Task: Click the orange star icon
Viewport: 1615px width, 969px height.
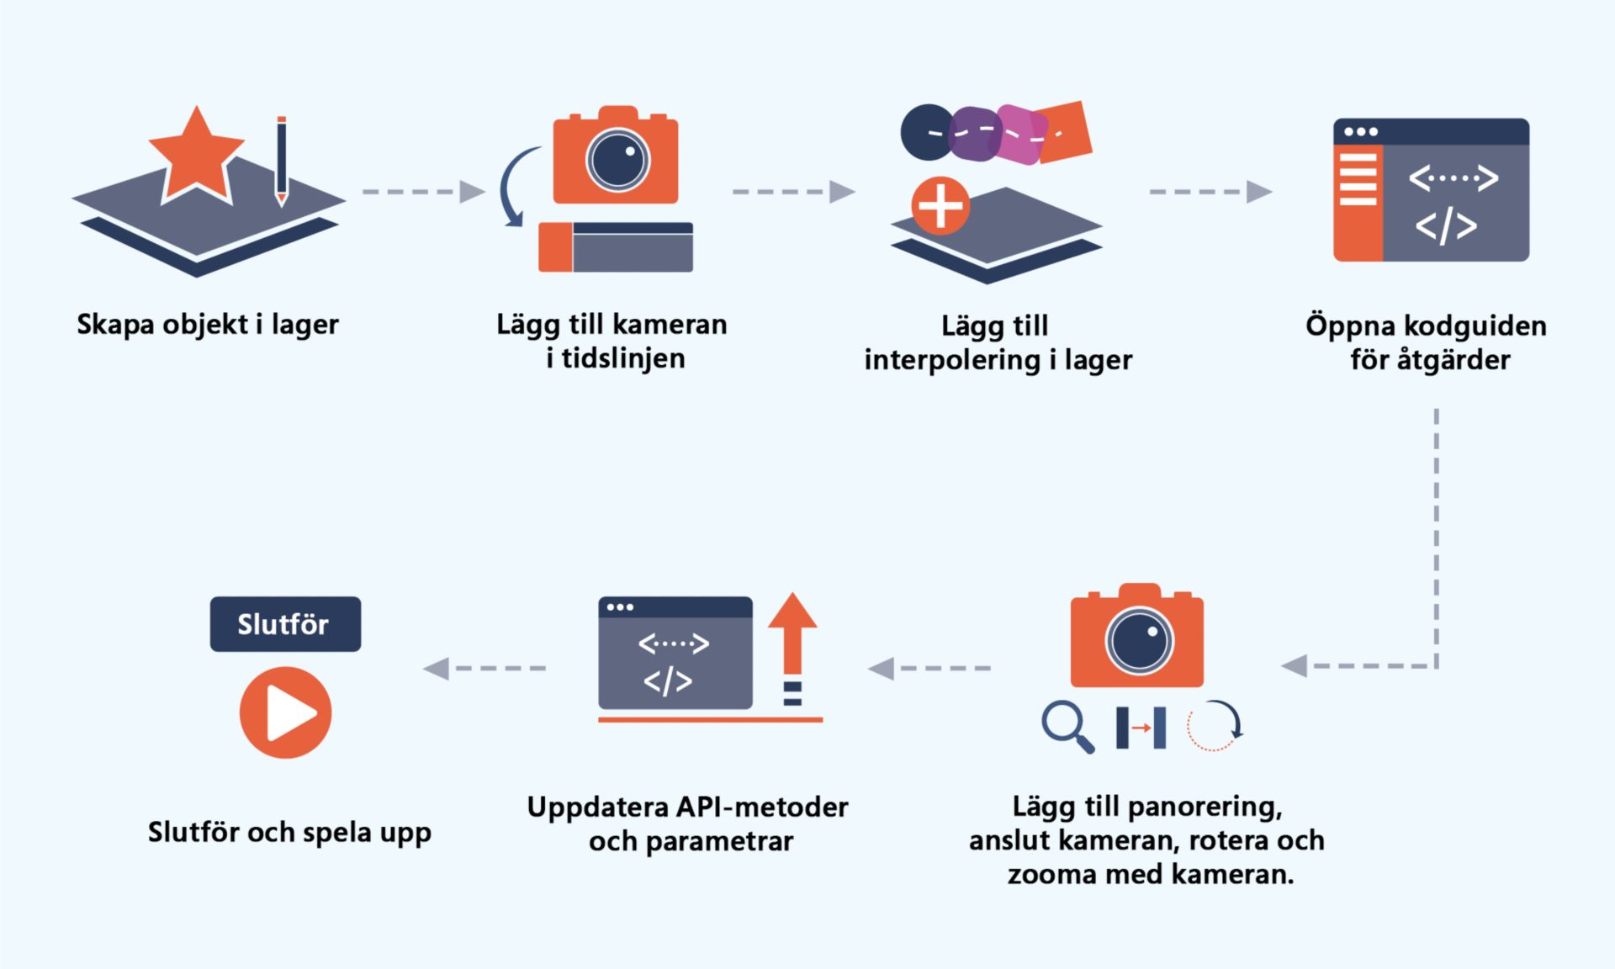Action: coord(197,156)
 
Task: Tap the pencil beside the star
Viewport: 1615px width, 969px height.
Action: coord(282,161)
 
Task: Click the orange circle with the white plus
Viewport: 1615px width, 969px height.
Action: coord(940,206)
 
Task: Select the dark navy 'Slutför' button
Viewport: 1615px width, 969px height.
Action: coord(285,624)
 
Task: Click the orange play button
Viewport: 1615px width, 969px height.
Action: coord(285,712)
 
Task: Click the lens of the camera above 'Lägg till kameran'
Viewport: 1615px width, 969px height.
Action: coord(617,160)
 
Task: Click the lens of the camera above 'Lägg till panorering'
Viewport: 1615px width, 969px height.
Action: coord(1139,641)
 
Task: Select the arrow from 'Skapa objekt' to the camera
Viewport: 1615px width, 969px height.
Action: coord(423,192)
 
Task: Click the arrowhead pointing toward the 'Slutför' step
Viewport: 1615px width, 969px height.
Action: coord(436,669)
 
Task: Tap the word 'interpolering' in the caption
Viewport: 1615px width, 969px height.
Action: coord(952,361)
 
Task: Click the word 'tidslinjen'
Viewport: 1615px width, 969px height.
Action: coord(623,359)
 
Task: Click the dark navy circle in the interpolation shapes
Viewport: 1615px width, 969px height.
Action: coord(928,132)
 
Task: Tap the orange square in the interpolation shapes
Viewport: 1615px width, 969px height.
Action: coord(1062,132)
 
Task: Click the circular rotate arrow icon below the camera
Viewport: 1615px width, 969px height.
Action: coord(1215,725)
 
